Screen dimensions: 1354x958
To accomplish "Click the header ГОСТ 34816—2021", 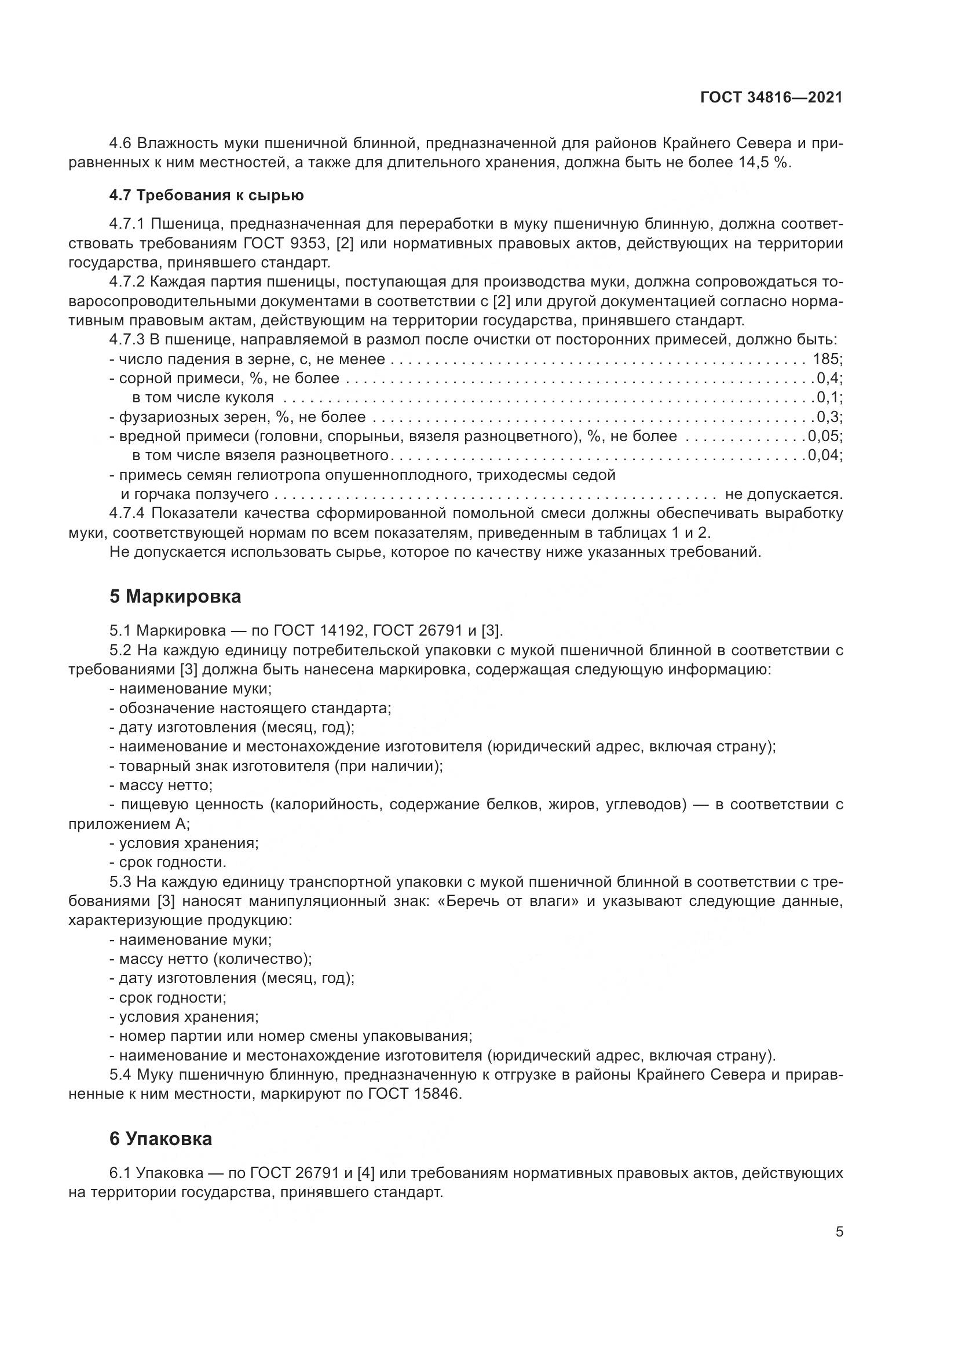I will point(771,98).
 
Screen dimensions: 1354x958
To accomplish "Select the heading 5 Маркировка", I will point(175,596).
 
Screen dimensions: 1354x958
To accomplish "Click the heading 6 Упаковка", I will point(160,1139).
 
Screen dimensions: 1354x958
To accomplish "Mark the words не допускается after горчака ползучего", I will point(784,494).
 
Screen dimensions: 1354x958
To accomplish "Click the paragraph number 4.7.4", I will point(128,513).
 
